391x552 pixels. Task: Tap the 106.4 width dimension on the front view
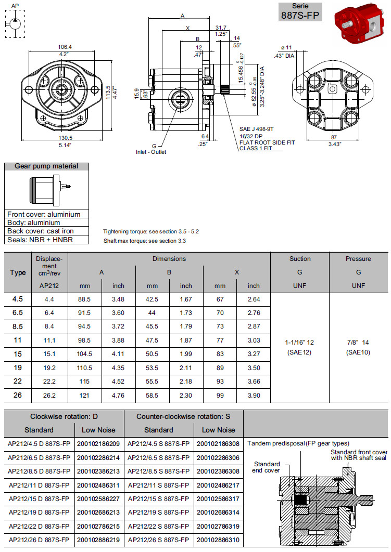65,47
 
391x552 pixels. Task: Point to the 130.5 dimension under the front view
65,138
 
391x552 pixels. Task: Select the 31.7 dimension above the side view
220,28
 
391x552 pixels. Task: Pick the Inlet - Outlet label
150,152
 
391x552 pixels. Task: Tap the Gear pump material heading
46,166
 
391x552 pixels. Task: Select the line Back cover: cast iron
40,231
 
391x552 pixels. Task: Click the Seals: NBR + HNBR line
40,240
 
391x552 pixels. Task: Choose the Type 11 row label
18,340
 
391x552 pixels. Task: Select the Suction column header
300,259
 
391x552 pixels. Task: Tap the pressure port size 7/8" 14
358,343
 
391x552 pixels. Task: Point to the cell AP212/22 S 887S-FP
159,527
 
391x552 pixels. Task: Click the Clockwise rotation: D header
64,416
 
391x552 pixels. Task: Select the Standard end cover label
267,467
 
